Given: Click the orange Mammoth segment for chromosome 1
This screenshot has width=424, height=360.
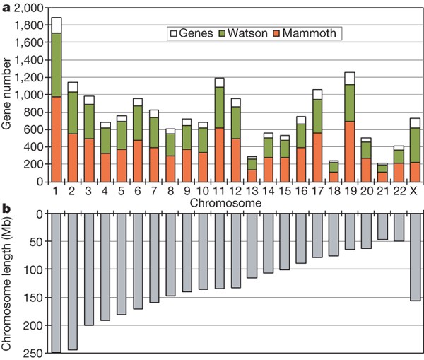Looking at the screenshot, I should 57,139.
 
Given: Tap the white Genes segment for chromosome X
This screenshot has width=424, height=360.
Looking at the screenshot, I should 415,123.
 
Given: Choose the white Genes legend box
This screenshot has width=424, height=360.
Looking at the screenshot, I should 171,33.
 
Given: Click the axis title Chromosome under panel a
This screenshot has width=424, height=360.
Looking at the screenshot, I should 231,202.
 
